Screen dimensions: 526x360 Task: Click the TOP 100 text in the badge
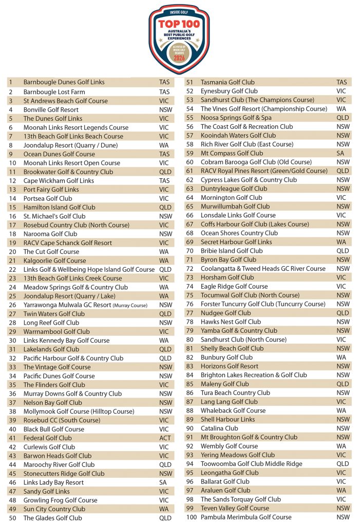pyautogui.click(x=179, y=24)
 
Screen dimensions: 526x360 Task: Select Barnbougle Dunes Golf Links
pyautogui.click(x=64, y=82)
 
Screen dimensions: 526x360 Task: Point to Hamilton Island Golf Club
pyautogui.click(x=59, y=207)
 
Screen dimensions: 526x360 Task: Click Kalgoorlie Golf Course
pyautogui.click(x=54, y=260)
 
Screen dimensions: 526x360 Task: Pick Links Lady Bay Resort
pyautogui.click(x=53, y=482)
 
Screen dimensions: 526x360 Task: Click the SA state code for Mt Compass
pyautogui.click(x=340, y=153)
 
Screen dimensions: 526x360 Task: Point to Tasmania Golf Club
pyautogui.click(x=227, y=82)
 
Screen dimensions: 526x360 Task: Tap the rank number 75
pyautogui.click(x=190, y=295)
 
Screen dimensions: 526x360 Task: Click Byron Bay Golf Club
pyautogui.click(x=228, y=260)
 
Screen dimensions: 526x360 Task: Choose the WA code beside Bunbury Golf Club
pyautogui.click(x=341, y=358)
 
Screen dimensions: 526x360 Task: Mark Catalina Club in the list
pyautogui.click(x=219, y=428)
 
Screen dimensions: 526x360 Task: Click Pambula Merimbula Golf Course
pyautogui.click(x=246, y=517)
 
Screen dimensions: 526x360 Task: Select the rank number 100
pyautogui.click(x=191, y=517)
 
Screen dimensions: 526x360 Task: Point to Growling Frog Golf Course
pyautogui.click(x=60, y=500)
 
